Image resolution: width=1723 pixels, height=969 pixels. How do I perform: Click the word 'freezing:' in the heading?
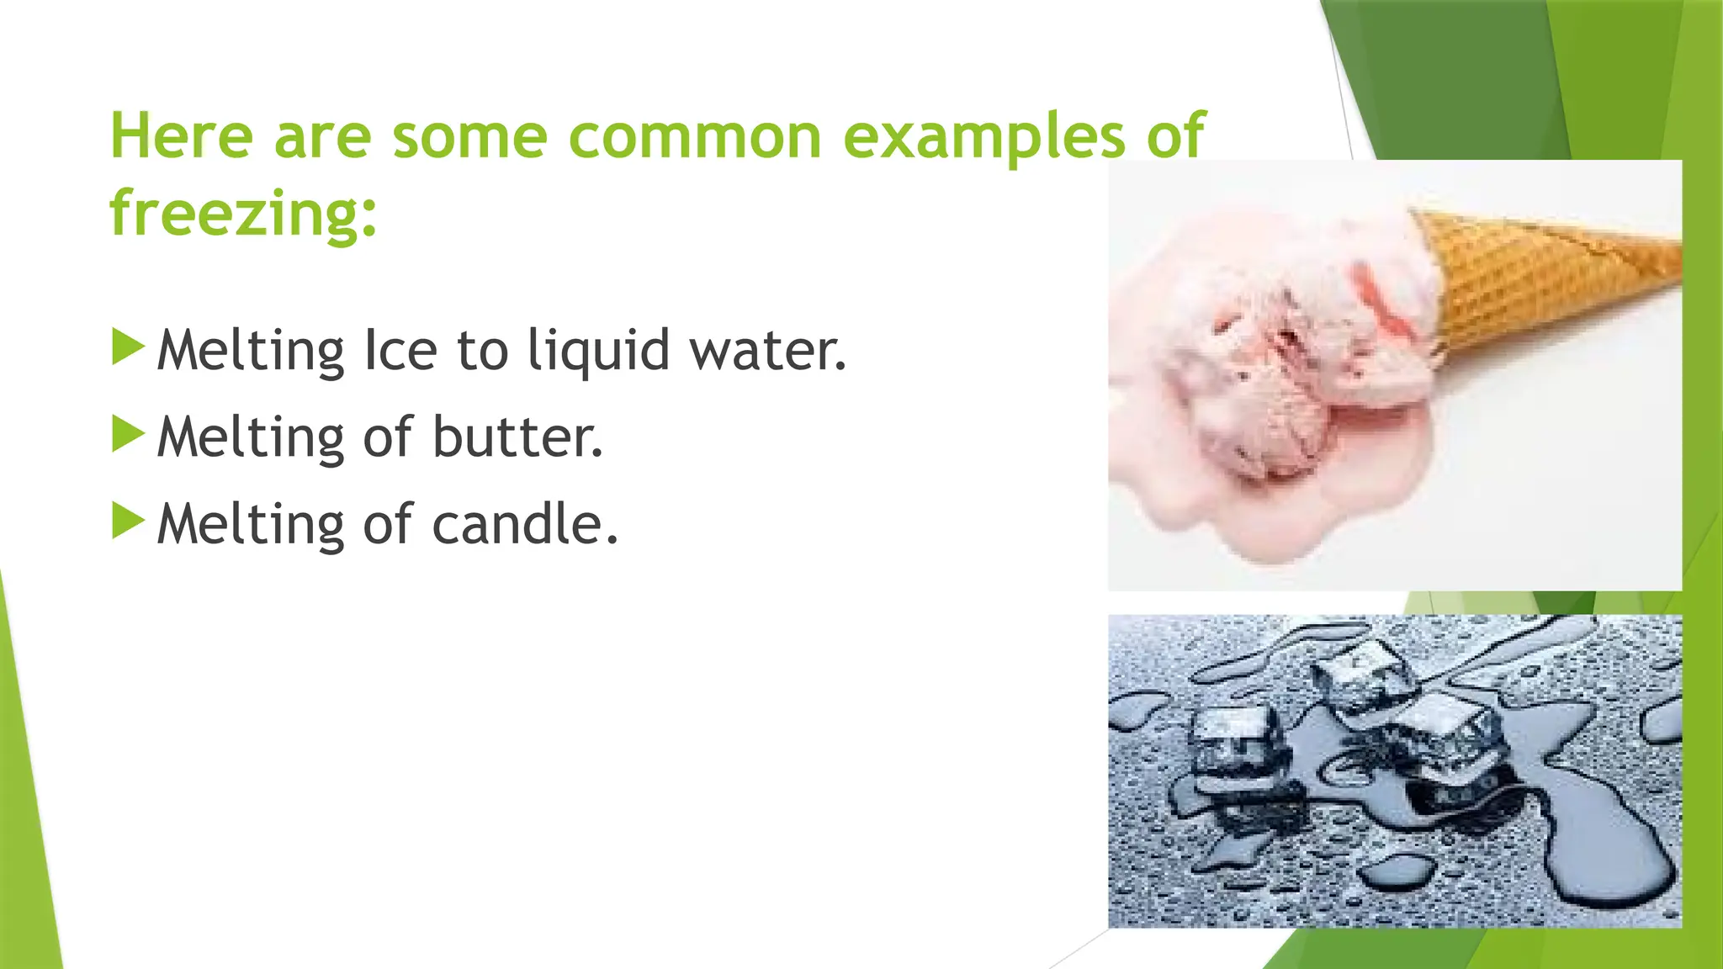[243, 214]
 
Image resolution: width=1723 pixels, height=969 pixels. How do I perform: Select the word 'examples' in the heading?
[983, 137]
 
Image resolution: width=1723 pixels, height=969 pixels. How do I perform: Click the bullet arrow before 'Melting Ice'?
[128, 347]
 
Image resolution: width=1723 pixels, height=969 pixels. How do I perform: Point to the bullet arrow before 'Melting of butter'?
[128, 434]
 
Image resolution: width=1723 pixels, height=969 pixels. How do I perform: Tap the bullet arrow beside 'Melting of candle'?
[128, 521]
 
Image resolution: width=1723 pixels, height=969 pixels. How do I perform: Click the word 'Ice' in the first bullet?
[400, 350]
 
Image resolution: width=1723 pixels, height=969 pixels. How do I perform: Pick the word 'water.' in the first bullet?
[768, 350]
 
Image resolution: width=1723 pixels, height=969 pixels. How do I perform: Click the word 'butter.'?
[517, 437]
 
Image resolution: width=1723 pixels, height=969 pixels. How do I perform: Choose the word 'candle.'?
[525, 524]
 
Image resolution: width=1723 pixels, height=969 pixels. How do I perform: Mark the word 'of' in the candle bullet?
[388, 524]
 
